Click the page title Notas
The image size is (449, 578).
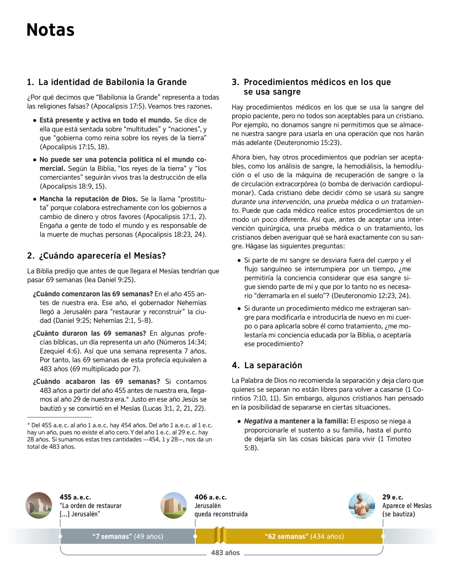(x=51, y=30)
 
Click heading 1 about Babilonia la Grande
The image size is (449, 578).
(x=107, y=82)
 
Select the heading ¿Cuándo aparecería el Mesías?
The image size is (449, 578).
(x=97, y=256)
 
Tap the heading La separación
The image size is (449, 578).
(x=267, y=365)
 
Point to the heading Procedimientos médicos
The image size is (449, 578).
(x=311, y=87)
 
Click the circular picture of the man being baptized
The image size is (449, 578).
(x=361, y=505)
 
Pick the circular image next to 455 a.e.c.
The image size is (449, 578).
(x=39, y=505)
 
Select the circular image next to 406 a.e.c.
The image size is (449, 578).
(x=174, y=505)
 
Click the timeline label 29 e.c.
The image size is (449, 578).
(x=393, y=497)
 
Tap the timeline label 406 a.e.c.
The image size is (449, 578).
(x=210, y=497)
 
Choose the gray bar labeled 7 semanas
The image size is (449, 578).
(x=128, y=536)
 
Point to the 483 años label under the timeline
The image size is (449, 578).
(x=225, y=553)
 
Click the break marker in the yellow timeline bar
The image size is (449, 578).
(x=220, y=535)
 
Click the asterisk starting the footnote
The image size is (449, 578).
(x=28, y=425)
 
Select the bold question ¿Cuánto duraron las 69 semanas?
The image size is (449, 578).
(x=89, y=333)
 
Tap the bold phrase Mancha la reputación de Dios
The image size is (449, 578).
(x=89, y=199)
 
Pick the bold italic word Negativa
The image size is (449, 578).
(x=258, y=421)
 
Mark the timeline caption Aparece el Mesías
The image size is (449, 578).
(x=407, y=506)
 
